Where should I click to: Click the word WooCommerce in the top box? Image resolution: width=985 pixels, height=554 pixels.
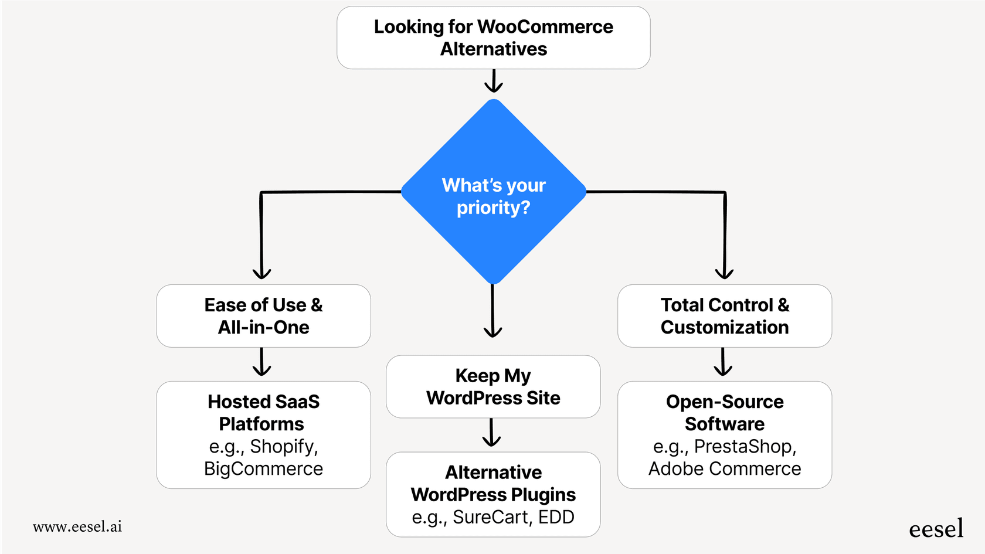click(545, 27)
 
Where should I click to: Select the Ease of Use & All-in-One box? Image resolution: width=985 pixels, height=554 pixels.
click(263, 316)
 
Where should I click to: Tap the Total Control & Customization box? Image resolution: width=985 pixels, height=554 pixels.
click(725, 316)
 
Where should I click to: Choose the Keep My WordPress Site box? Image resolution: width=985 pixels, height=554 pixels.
click(493, 386)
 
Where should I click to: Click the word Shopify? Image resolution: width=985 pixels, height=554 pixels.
click(283, 447)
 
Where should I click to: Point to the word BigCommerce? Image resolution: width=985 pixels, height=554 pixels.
click(263, 469)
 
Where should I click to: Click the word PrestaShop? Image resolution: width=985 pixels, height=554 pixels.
click(745, 447)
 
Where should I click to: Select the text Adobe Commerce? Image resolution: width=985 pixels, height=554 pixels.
click(725, 469)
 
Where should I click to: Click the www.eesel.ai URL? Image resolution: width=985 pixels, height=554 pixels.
click(77, 526)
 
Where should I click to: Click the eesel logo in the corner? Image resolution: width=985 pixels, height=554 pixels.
click(936, 528)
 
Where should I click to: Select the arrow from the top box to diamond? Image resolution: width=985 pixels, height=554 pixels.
click(494, 81)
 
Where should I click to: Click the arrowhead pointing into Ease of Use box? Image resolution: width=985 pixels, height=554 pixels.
click(261, 273)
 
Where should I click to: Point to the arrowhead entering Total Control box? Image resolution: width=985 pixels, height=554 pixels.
click(725, 273)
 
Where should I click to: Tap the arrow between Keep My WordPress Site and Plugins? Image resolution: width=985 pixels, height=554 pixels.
click(491, 433)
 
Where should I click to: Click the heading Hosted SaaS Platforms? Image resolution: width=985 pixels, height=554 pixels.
click(263, 413)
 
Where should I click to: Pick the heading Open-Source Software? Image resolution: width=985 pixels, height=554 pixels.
click(725, 413)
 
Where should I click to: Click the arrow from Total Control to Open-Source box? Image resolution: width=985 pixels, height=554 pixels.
click(723, 362)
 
